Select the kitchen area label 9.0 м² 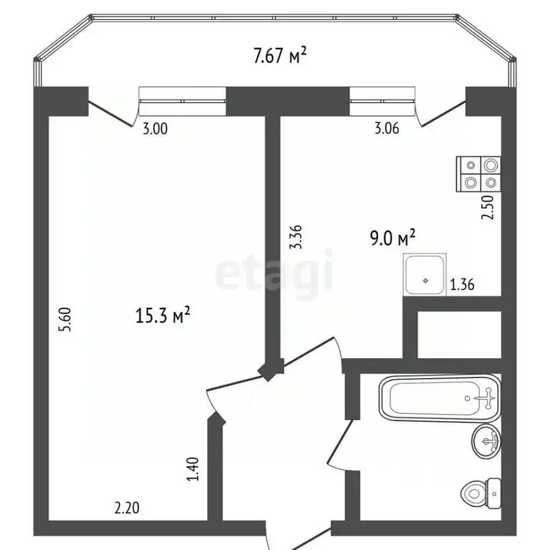pyautogui.click(x=393, y=236)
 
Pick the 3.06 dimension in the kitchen pyautogui.click(x=387, y=130)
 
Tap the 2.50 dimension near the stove pyautogui.click(x=488, y=209)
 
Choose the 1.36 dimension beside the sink pyautogui.click(x=462, y=285)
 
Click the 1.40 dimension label pyautogui.click(x=192, y=470)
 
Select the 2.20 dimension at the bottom pyautogui.click(x=126, y=509)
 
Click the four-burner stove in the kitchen pyautogui.click(x=478, y=173)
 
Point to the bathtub pyautogui.click(x=438, y=399)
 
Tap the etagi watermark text pyautogui.click(x=275, y=272)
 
